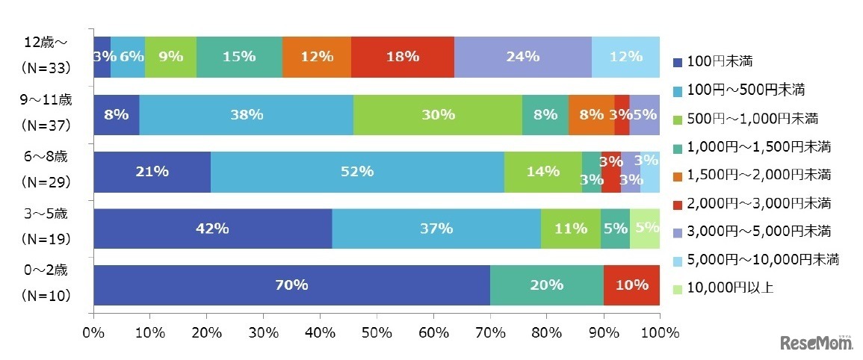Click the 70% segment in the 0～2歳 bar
pyautogui.click(x=291, y=285)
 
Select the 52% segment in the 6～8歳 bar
pyautogui.click(x=356, y=172)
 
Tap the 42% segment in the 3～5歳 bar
pyautogui.click(x=212, y=229)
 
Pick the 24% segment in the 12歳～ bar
pyautogui.click(x=522, y=56)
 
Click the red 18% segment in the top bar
pyautogui.click(x=402, y=56)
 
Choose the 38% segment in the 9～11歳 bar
pyautogui.click(x=246, y=114)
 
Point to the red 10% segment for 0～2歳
pyautogui.click(x=631, y=285)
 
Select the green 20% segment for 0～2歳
pyautogui.click(x=546, y=285)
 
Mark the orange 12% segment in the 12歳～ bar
pyautogui.click(x=317, y=56)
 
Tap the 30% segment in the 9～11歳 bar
pyautogui.click(x=437, y=114)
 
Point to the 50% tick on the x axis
pyautogui.click(x=377, y=331)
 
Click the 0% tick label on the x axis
pyautogui.click(x=93, y=331)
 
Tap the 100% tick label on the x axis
pyautogui.click(x=659, y=331)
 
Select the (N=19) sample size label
pyautogui.click(x=46, y=239)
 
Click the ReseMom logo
pyautogui.click(x=817, y=343)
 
